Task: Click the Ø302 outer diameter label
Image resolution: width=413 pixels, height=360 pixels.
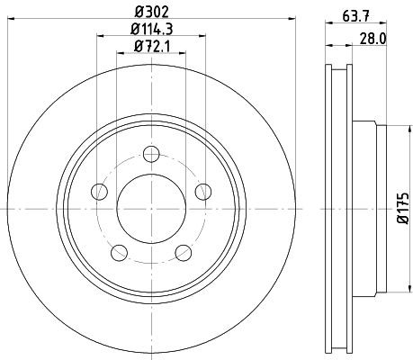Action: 150,13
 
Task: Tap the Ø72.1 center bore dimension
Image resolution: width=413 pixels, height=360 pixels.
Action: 150,48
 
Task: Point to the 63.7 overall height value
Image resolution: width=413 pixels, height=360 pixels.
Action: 358,13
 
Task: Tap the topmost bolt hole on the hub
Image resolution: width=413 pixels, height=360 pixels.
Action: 151,151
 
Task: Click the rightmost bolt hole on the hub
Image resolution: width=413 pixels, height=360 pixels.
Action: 203,190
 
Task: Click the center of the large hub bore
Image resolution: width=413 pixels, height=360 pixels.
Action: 151,206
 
